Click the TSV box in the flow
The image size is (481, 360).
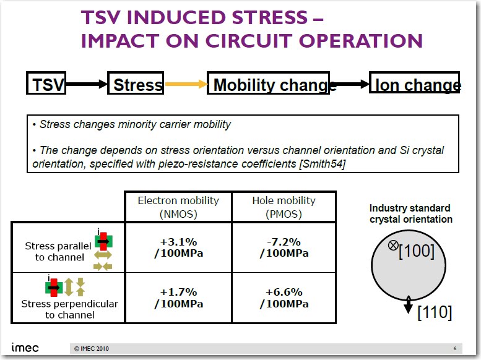pyautogui.click(x=46, y=84)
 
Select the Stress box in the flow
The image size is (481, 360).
pyautogui.click(x=137, y=84)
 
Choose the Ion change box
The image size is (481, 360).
pyautogui.click(x=415, y=84)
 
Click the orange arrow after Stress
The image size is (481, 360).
pyautogui.click(x=185, y=84)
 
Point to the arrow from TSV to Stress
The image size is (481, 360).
pyautogui.click(x=87, y=84)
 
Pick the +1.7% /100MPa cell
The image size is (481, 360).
pyautogui.click(x=178, y=298)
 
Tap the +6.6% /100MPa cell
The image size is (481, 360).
pyautogui.click(x=284, y=298)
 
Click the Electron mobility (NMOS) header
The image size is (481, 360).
pyautogui.click(x=178, y=207)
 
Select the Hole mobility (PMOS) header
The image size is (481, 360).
pyautogui.click(x=284, y=207)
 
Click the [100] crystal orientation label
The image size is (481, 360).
pyautogui.click(x=416, y=251)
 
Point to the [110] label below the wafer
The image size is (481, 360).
pyautogui.click(x=435, y=313)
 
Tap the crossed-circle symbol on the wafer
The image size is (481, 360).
pyautogui.click(x=392, y=245)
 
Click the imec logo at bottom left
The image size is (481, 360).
pyautogui.click(x=25, y=348)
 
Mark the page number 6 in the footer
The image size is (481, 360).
pyautogui.click(x=454, y=348)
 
